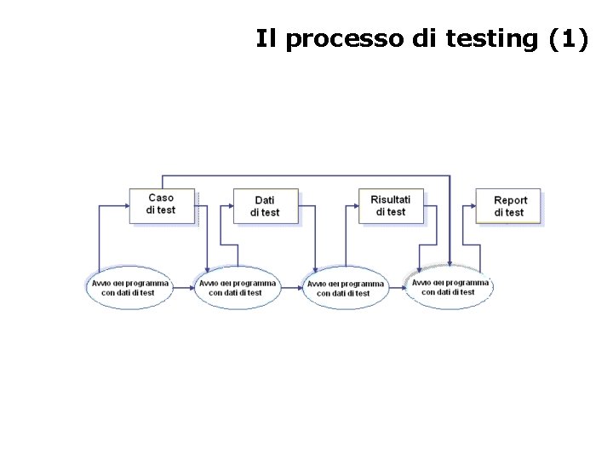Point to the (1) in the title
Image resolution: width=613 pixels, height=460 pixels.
point(564,40)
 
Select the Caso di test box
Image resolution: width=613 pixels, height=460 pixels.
point(161,205)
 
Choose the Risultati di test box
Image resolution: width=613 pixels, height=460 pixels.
point(391,206)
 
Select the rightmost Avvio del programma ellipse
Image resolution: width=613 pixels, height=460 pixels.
point(450,287)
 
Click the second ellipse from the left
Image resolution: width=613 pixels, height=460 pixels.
point(238,288)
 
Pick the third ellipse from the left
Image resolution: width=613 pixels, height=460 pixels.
point(346,288)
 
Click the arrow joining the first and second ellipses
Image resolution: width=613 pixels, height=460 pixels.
point(183,288)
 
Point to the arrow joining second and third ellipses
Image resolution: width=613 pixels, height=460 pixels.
point(291,288)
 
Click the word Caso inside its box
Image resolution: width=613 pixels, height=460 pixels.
point(161,198)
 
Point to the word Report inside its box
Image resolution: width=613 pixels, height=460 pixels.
point(511,201)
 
